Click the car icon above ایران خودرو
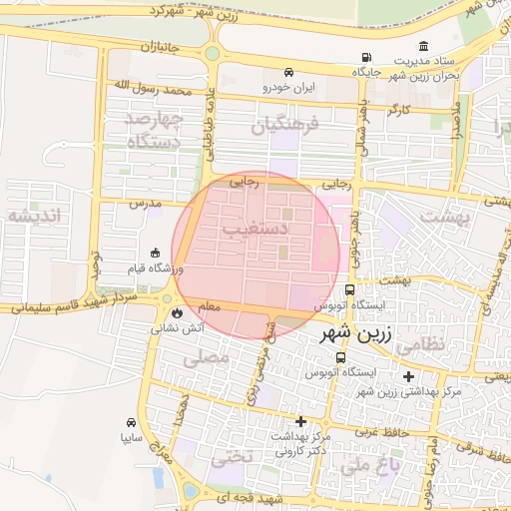click(288, 72)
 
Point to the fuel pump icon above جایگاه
click(367, 58)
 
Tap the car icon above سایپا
click(132, 422)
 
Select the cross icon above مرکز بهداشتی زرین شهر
click(408, 376)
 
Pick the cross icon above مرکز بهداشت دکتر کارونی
click(300, 421)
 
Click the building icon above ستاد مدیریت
click(424, 46)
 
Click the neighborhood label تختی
click(229, 458)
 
